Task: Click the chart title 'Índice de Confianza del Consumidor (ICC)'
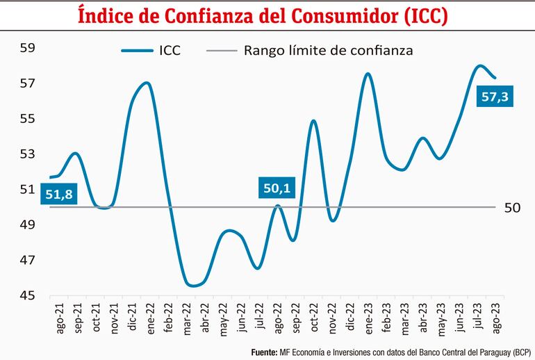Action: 267,15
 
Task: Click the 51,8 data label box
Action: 59,195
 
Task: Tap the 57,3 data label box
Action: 495,97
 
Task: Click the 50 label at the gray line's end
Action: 510,207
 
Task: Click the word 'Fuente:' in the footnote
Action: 265,352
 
